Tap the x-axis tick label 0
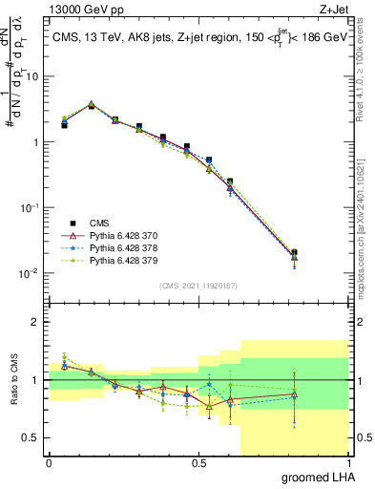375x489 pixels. [x=49, y=463]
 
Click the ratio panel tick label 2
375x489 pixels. [x=34, y=322]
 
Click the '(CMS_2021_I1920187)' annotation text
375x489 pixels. [x=198, y=285]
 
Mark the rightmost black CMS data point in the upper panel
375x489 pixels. [x=294, y=253]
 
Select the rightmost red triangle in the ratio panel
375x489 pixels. [x=294, y=394]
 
